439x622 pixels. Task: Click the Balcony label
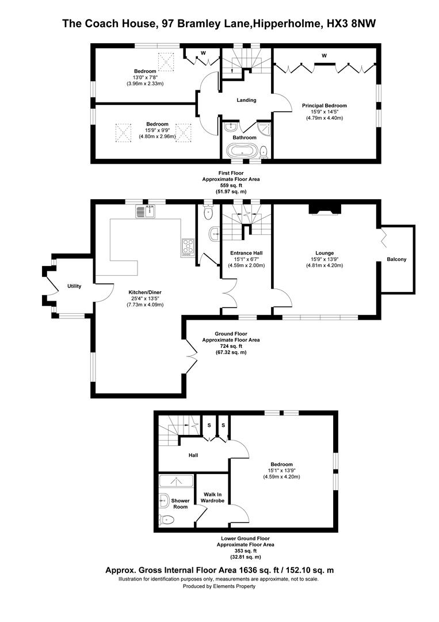[x=396, y=259]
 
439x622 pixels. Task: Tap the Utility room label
[x=74, y=286]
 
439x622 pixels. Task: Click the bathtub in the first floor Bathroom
[x=241, y=151]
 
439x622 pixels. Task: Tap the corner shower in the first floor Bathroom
[x=264, y=129]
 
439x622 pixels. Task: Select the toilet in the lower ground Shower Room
[x=166, y=519]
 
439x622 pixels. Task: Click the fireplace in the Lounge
[x=325, y=208]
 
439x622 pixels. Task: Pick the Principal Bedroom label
[x=325, y=105]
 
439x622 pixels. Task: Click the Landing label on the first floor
[x=246, y=100]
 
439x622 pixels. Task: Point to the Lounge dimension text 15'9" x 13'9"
[x=325, y=259]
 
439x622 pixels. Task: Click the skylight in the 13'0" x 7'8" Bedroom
[x=166, y=60]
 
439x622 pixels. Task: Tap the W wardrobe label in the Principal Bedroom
[x=324, y=56]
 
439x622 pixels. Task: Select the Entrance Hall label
[x=246, y=253]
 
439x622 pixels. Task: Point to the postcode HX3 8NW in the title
[x=350, y=24]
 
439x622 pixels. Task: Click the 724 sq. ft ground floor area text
[x=231, y=346]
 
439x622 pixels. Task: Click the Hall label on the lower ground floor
[x=193, y=455]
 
